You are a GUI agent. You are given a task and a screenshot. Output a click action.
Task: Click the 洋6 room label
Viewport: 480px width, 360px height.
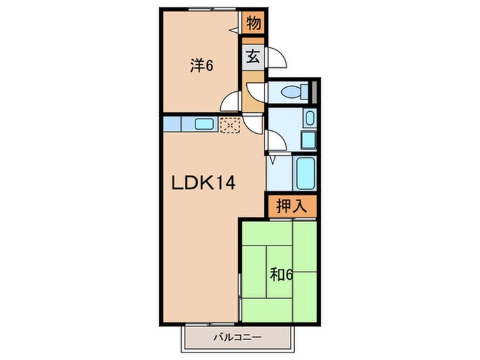(x=202, y=67)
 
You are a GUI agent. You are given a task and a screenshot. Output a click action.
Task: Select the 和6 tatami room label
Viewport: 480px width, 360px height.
(x=281, y=276)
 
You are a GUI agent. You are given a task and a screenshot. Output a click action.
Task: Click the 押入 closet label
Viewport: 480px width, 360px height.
(x=291, y=206)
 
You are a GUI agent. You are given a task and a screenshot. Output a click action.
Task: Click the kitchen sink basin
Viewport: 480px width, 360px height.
(x=204, y=124)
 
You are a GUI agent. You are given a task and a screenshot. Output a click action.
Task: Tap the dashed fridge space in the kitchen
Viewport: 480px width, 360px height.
(x=228, y=124)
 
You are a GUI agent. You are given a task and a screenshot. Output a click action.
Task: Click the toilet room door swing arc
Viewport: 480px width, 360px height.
(x=254, y=92)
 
